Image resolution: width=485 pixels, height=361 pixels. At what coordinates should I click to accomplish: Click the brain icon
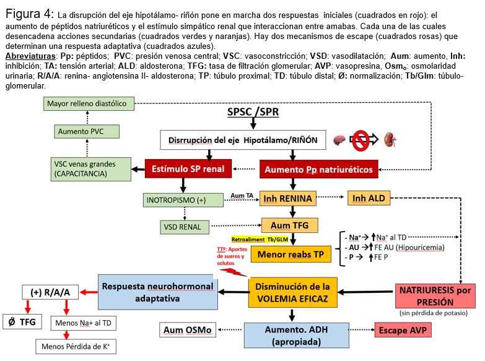coord(339,139)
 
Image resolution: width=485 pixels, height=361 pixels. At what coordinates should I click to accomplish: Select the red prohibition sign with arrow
coord(364,140)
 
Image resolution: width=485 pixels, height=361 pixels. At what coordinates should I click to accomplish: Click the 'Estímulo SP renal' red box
coord(188,168)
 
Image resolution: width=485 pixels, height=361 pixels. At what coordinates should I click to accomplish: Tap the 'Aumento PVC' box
coord(87,132)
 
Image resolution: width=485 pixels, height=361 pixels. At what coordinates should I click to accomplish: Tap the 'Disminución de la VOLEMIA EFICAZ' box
coord(293,293)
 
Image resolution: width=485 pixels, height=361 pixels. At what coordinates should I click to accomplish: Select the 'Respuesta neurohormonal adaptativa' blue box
coord(157,293)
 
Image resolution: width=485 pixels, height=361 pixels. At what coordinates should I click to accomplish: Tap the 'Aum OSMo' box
coord(186,329)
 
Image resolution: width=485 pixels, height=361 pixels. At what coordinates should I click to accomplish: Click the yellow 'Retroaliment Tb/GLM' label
coord(261,238)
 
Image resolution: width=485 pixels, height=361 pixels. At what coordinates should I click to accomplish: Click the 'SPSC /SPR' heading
coord(253,112)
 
